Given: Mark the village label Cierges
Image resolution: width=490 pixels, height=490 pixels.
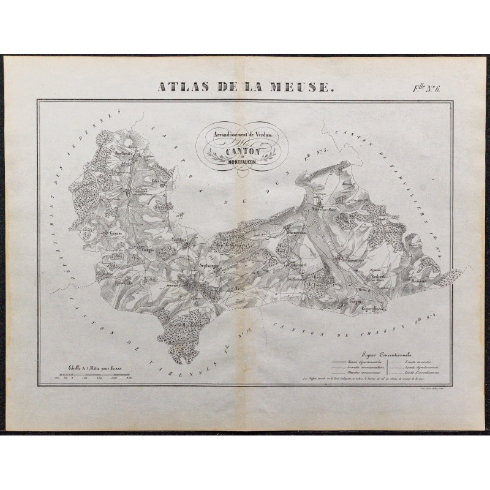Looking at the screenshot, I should [150, 250].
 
